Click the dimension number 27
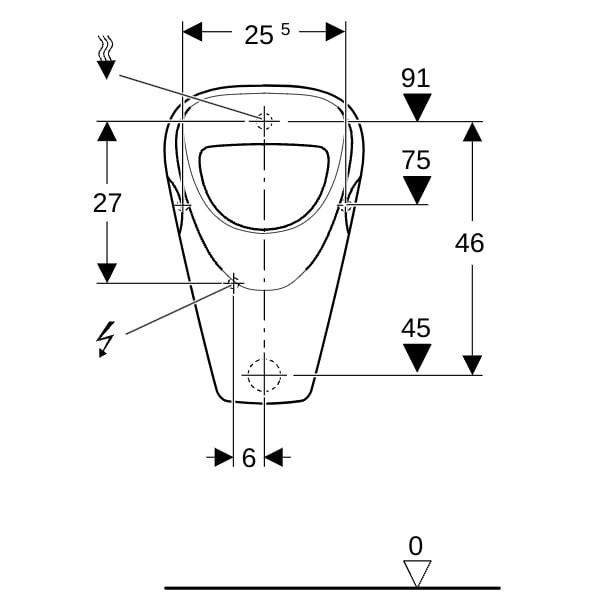click(x=107, y=203)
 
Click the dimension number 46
click(x=469, y=243)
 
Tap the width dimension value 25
click(x=259, y=35)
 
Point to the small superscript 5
click(x=285, y=29)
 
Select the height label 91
click(x=416, y=78)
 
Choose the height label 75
click(x=416, y=160)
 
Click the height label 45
click(x=416, y=328)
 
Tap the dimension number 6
click(x=249, y=458)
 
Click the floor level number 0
click(x=416, y=546)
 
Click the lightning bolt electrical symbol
click(x=106, y=339)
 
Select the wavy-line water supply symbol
click(x=106, y=57)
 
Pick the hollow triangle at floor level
click(x=417, y=573)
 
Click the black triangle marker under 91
click(x=417, y=108)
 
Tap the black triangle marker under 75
click(x=417, y=190)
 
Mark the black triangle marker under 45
click(x=417, y=358)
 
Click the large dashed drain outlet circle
click(x=264, y=375)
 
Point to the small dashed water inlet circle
click(x=264, y=121)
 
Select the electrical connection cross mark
click(x=233, y=283)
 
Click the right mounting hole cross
click(x=346, y=206)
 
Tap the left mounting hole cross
click(x=183, y=206)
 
